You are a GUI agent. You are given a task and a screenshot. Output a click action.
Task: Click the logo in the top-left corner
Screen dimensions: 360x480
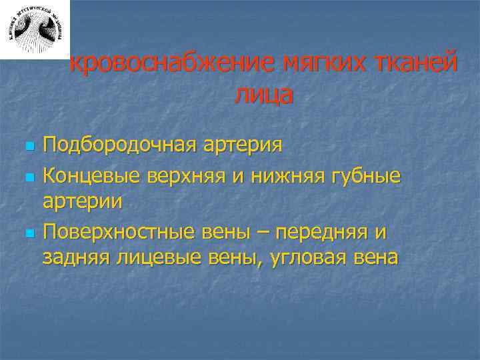35,29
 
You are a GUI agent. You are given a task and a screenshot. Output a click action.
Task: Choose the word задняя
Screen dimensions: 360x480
73,256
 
